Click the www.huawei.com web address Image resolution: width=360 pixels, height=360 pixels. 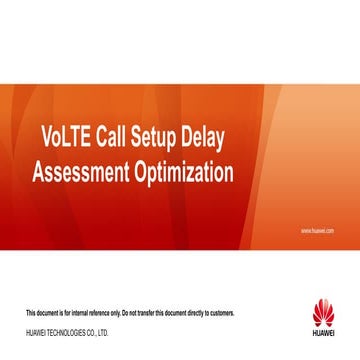tap(317, 230)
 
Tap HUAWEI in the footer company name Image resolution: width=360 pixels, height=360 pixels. tap(35, 332)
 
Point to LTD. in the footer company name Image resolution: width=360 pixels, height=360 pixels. tap(103, 332)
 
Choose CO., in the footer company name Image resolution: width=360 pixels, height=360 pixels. tap(91, 332)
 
